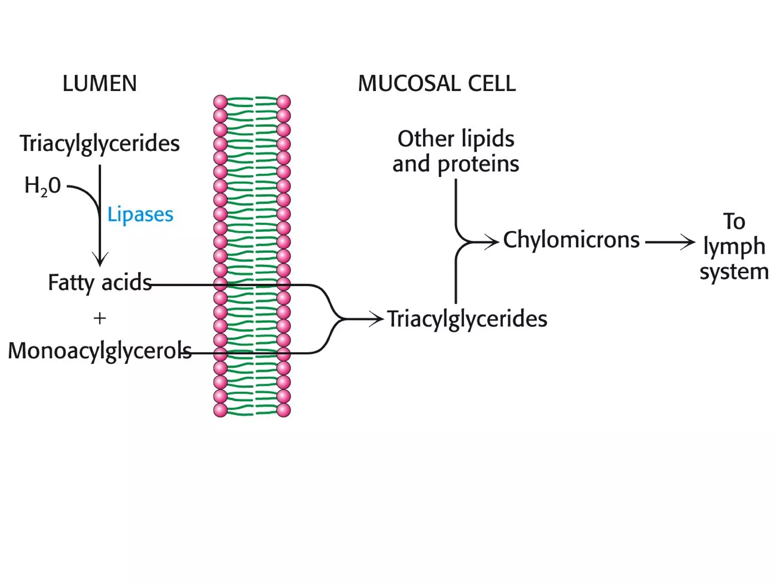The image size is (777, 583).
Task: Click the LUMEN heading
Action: pyautogui.click(x=99, y=84)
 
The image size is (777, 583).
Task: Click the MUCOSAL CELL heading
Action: pyautogui.click(x=437, y=84)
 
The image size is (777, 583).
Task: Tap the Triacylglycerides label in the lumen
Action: pyautogui.click(x=99, y=143)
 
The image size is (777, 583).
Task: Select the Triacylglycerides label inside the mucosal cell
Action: pyautogui.click(x=467, y=319)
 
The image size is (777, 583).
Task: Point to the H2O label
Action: pyautogui.click(x=42, y=186)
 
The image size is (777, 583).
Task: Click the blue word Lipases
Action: pyautogui.click(x=140, y=214)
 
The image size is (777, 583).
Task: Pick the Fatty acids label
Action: pyautogui.click(x=100, y=282)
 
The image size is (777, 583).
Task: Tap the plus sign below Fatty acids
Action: pyautogui.click(x=99, y=318)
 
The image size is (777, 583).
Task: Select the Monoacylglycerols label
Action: pyautogui.click(x=99, y=350)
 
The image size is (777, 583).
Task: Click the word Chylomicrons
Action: pyautogui.click(x=571, y=240)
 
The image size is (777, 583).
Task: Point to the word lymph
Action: pyautogui.click(x=734, y=247)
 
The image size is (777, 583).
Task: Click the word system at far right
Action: pyautogui.click(x=734, y=272)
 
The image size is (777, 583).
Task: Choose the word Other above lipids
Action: pyautogui.click(x=426, y=139)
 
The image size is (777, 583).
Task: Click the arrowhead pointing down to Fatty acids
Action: pyautogui.click(x=100, y=260)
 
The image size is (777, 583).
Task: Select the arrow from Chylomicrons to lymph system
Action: pyautogui.click(x=670, y=242)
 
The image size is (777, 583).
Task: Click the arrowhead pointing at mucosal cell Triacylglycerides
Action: pyautogui.click(x=378, y=318)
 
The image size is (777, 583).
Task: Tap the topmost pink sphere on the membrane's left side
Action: pyautogui.click(x=220, y=102)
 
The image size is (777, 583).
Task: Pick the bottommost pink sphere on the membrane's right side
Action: pyautogui.click(x=283, y=410)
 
